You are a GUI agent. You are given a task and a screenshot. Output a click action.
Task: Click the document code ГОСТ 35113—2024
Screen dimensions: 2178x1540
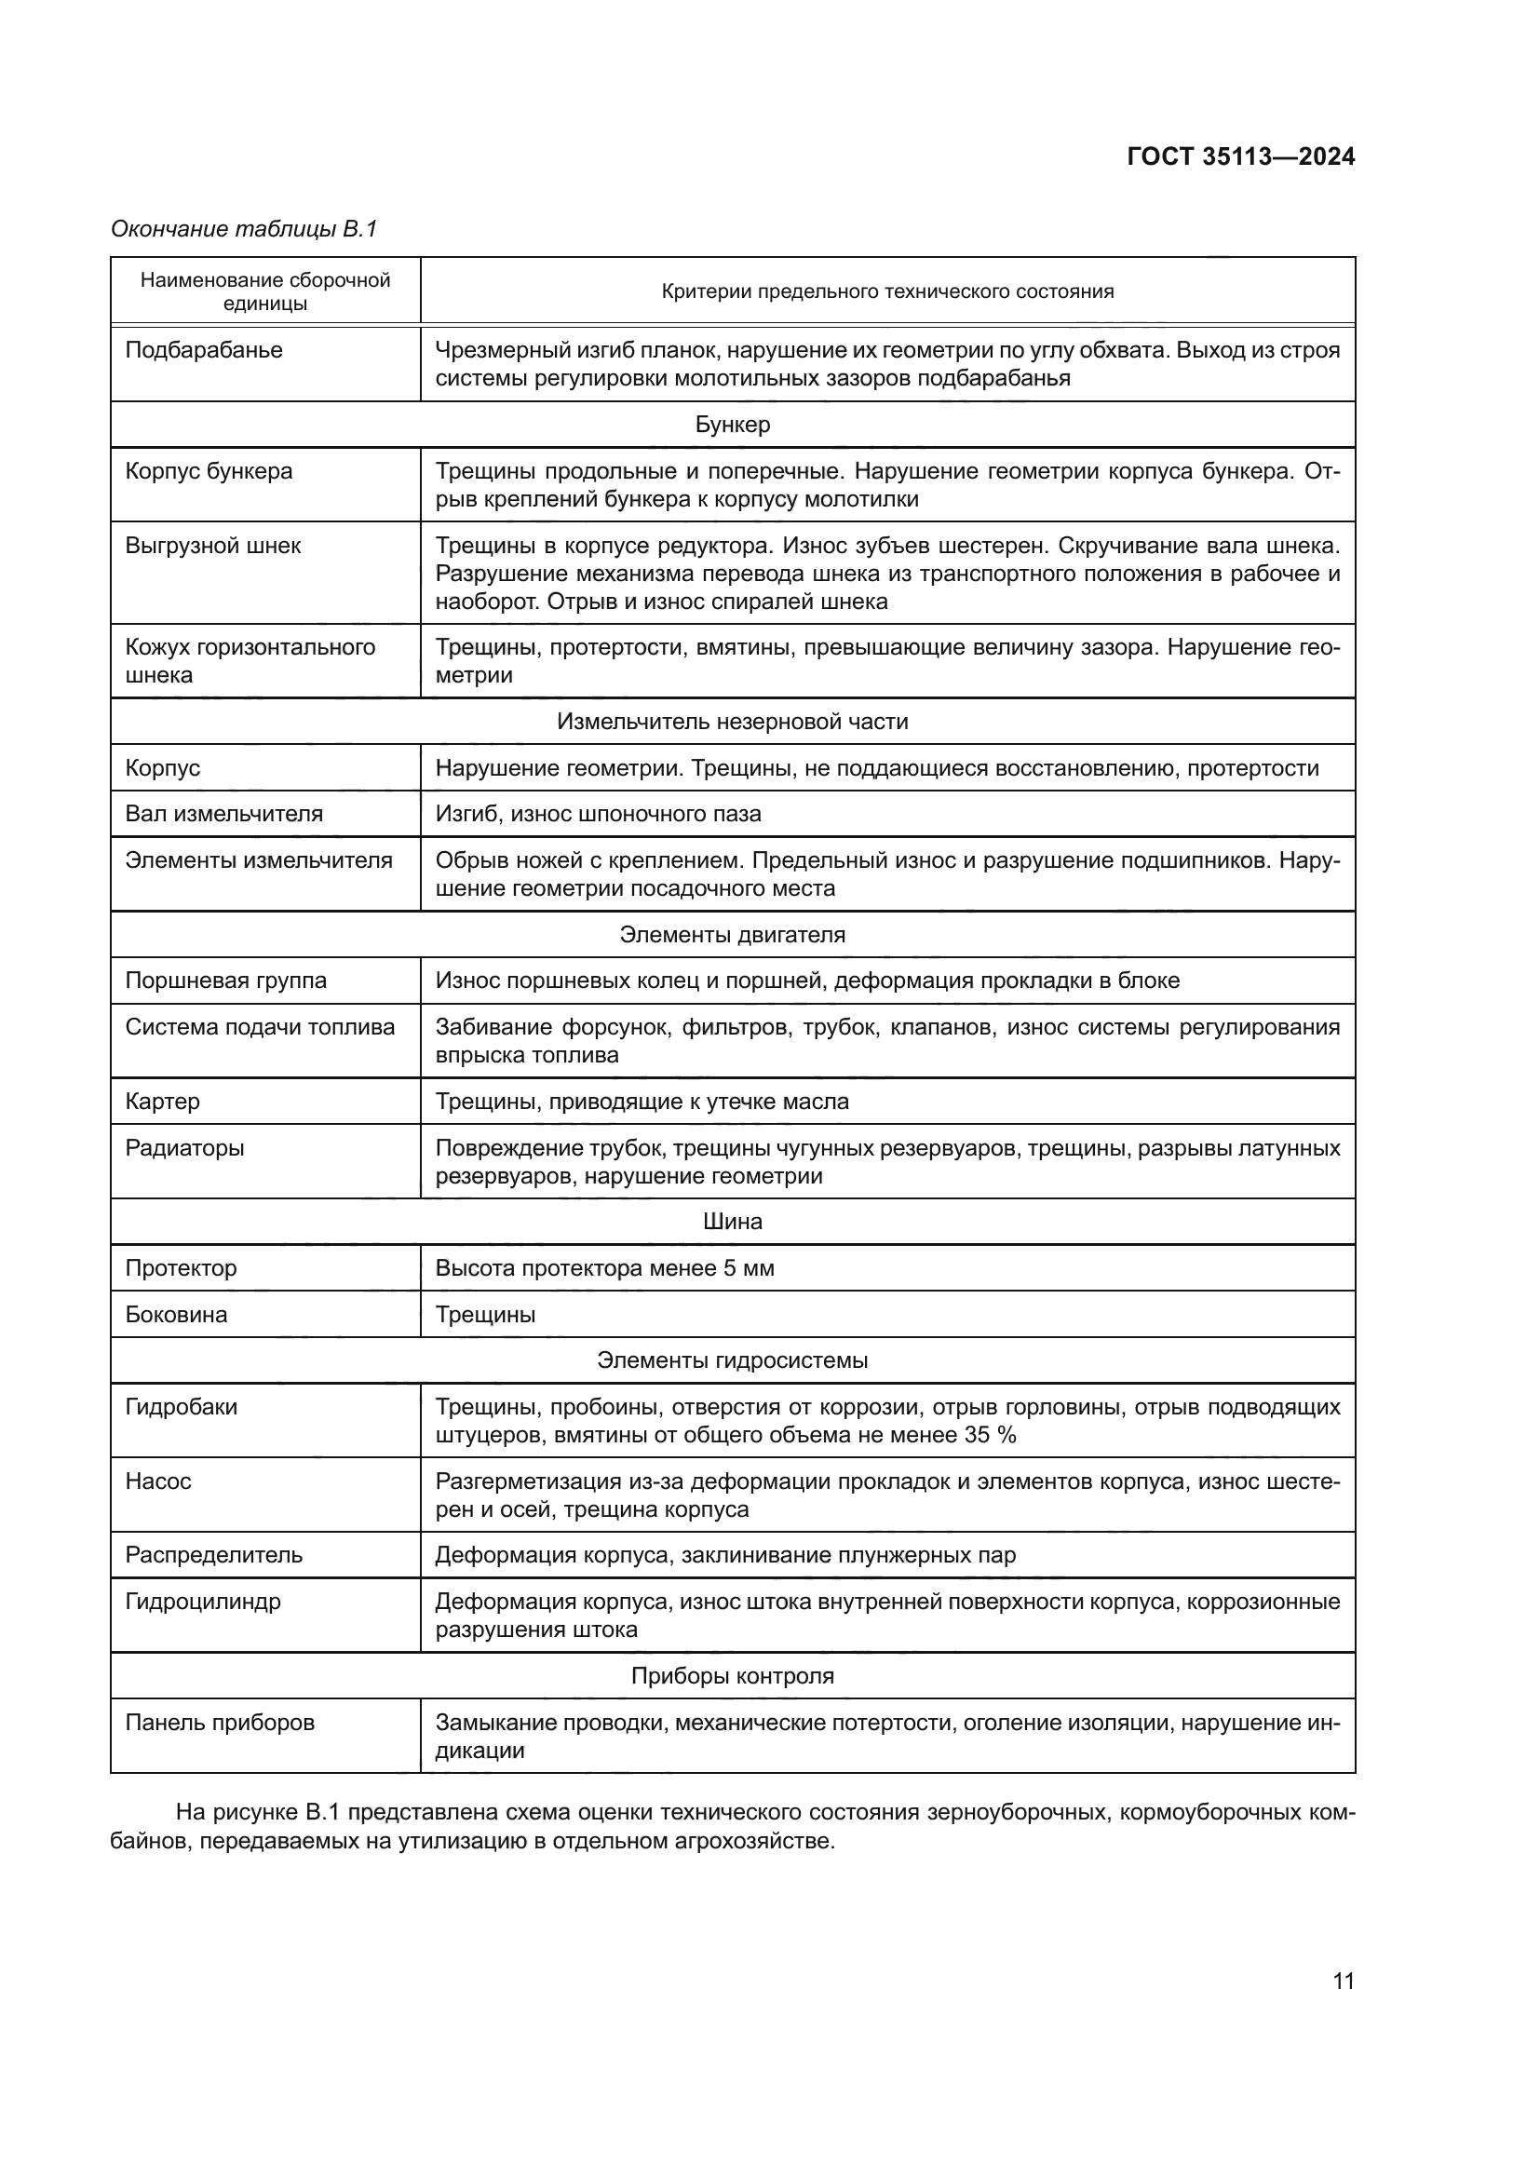click(x=1240, y=156)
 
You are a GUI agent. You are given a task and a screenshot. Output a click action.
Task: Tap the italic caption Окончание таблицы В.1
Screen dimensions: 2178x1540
click(x=244, y=229)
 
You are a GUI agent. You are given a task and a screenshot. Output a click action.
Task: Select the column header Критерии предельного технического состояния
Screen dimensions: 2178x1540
click(x=886, y=291)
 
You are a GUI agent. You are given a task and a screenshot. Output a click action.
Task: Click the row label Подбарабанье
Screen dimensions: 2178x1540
click(x=204, y=350)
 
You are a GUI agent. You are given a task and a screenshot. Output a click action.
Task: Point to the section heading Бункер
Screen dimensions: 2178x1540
click(x=732, y=424)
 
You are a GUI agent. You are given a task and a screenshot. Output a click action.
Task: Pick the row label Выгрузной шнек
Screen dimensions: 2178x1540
click(x=212, y=546)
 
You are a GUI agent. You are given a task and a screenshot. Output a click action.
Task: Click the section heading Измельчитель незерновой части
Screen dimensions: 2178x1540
click(x=732, y=721)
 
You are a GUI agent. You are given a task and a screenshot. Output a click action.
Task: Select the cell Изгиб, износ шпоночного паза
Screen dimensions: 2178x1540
click(x=598, y=813)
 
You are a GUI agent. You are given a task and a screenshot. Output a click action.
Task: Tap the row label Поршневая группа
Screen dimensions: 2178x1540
click(x=225, y=980)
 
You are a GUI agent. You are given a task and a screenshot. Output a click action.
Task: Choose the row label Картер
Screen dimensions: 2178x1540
click(x=162, y=1102)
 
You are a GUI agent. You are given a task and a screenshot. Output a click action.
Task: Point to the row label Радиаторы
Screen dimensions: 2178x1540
click(x=184, y=1148)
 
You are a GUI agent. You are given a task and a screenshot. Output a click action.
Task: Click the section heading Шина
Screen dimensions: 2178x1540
click(x=732, y=1221)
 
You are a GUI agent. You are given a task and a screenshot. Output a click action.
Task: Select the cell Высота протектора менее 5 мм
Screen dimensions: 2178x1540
click(x=604, y=1267)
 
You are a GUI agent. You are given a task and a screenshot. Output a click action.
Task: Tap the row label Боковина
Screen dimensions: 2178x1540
click(x=176, y=1314)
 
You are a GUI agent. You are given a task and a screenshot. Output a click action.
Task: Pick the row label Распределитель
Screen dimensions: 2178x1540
click(x=213, y=1555)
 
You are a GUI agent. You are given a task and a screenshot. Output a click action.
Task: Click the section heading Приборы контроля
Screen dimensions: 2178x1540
click(x=732, y=1675)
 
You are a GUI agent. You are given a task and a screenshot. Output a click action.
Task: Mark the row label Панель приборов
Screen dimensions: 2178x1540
click(x=219, y=1722)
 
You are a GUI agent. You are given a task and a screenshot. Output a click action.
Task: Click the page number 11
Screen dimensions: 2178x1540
click(x=1343, y=1981)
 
